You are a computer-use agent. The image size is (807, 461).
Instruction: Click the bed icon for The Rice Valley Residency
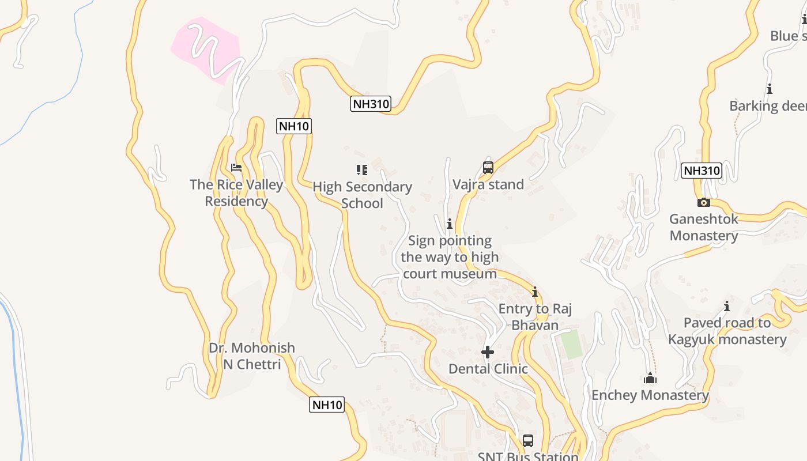tap(236, 168)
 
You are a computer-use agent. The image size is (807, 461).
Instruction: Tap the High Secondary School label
tap(362, 195)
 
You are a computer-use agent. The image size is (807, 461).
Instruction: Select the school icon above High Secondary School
tap(362, 169)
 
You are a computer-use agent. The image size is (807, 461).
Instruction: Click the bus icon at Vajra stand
tap(488, 168)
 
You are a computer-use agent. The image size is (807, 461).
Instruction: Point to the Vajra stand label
tap(488, 185)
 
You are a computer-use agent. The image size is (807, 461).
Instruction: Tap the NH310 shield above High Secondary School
tap(371, 104)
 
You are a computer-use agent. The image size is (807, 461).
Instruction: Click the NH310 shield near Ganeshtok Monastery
tap(701, 171)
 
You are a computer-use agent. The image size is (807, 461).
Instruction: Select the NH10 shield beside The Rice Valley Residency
tap(294, 126)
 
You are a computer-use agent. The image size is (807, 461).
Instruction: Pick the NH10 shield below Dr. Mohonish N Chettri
tap(327, 405)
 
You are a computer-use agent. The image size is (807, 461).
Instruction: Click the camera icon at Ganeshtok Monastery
tap(703, 202)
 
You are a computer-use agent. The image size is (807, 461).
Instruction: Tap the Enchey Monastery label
tap(650, 395)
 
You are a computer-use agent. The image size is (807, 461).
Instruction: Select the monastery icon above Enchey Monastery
tap(650, 379)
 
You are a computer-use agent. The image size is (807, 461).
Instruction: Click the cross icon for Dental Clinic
tap(488, 352)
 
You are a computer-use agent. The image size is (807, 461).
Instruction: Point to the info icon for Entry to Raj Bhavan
tap(535, 292)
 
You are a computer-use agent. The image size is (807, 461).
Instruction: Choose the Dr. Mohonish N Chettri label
tap(252, 356)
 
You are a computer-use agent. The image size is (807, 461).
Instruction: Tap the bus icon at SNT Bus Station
tap(528, 441)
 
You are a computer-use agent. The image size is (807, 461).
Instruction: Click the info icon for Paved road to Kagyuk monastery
tap(727, 306)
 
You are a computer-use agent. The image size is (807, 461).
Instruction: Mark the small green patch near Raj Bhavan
tap(571, 344)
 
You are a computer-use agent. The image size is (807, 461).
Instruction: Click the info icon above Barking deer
tap(769, 89)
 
